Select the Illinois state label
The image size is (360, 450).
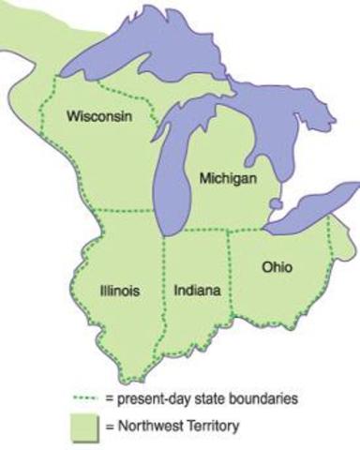click(x=119, y=291)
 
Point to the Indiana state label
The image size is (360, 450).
click(x=197, y=291)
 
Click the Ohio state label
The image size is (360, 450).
click(x=276, y=267)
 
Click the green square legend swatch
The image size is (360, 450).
click(x=85, y=427)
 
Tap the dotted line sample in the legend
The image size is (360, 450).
click(x=85, y=398)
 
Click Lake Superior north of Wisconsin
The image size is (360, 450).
click(x=141, y=56)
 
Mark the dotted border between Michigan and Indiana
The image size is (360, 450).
click(x=202, y=231)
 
